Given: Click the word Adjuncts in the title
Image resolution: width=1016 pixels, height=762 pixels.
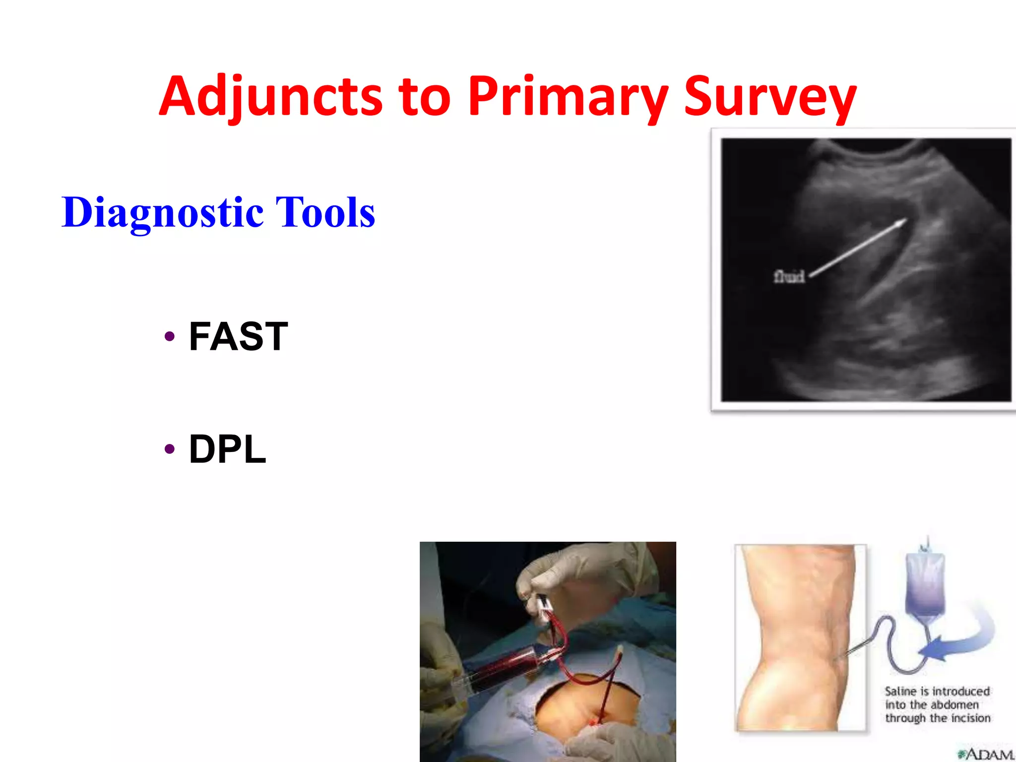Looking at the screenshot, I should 270,97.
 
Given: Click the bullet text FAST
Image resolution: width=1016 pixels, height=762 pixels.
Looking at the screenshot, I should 238,336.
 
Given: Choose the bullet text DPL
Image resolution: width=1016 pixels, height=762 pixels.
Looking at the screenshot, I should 227,449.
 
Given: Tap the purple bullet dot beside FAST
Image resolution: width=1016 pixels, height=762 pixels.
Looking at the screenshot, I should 170,336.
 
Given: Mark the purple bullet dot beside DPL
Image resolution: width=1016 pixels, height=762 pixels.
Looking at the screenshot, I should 170,449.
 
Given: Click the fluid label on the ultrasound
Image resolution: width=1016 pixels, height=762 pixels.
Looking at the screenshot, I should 789,276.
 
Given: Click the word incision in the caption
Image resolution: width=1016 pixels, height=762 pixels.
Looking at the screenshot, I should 971,718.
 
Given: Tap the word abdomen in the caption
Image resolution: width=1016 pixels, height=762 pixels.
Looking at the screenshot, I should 955,705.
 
